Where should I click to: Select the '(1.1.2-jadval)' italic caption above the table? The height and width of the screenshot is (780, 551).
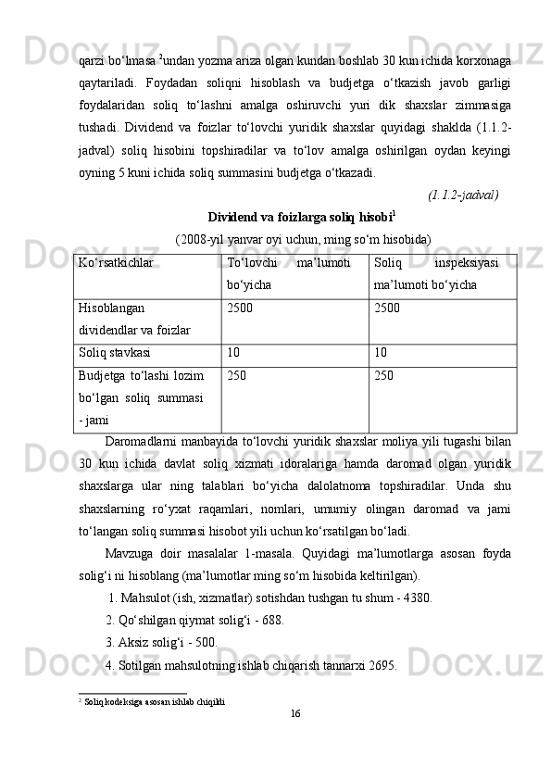pos(463,195)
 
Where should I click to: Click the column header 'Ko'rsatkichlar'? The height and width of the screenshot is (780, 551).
pos(116,263)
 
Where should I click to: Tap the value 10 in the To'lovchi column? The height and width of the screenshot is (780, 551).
pos(233,353)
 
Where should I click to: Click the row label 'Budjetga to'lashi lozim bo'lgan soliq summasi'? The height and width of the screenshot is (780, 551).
pos(146,397)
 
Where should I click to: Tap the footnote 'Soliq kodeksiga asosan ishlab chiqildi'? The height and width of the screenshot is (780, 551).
pos(153,701)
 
